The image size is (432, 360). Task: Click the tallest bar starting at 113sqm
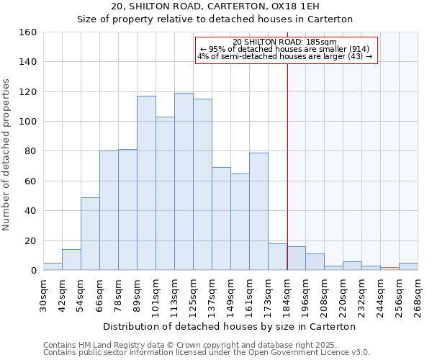click(x=184, y=181)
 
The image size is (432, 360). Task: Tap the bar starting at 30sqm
click(x=53, y=266)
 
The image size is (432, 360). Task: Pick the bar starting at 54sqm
click(x=90, y=233)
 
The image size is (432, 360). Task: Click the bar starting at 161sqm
click(x=258, y=211)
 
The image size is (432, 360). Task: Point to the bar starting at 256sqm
click(x=408, y=266)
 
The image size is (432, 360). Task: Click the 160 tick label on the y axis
click(x=27, y=32)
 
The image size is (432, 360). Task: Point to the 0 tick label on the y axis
click(x=33, y=271)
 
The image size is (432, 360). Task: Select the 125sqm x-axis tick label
click(x=193, y=294)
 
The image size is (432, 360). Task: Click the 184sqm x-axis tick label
click(x=287, y=294)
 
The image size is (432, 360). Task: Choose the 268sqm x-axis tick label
click(x=418, y=294)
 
